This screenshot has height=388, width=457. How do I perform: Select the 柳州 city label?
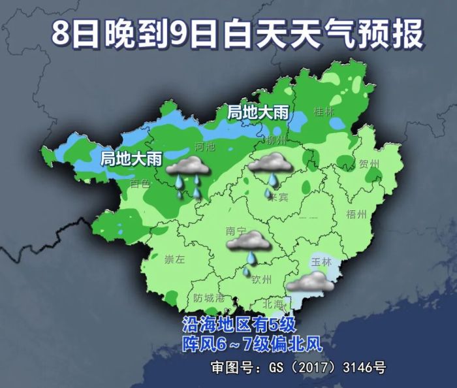[277, 140]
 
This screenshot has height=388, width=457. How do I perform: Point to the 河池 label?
[204, 148]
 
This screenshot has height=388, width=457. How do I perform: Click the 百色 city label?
[140, 184]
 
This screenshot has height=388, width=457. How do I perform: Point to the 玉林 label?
[323, 261]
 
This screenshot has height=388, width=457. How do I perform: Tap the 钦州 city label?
[262, 279]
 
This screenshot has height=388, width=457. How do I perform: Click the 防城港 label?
[209, 297]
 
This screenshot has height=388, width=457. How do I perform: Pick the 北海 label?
[273, 304]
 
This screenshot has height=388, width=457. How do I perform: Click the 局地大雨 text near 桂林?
[258, 112]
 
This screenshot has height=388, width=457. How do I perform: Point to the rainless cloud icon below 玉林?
[310, 282]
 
